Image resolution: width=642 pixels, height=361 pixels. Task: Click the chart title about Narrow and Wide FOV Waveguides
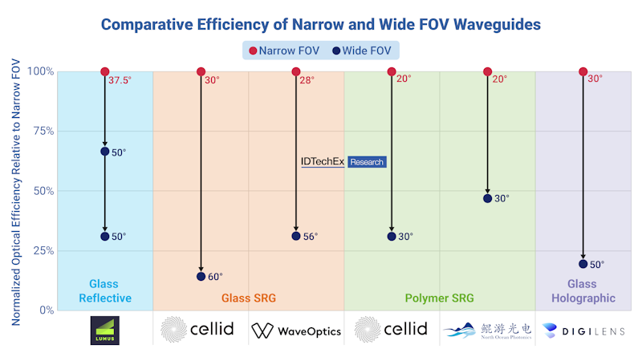[x=321, y=24]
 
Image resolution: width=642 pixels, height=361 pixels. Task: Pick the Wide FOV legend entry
[x=362, y=51]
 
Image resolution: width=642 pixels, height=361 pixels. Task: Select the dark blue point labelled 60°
[x=201, y=277]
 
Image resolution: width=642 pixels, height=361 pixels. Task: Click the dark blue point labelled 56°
[x=296, y=236]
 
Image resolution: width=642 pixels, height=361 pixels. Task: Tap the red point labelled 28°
[x=296, y=72]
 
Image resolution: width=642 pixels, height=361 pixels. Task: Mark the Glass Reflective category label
[x=104, y=291]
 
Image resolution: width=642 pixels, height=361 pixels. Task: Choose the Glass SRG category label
[x=249, y=298]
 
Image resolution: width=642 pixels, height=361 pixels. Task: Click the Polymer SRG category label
[x=439, y=298]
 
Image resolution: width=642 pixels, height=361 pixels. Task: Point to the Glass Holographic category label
[x=583, y=291]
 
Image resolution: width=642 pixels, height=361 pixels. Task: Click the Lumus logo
[x=104, y=330]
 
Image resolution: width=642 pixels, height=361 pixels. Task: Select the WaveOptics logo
[x=296, y=331]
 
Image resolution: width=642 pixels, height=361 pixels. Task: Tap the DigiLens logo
[x=583, y=330]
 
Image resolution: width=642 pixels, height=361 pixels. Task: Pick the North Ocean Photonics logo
[x=487, y=330]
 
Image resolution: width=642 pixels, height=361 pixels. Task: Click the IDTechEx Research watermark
[x=343, y=162]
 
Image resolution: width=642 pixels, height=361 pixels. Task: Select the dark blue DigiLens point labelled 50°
[x=583, y=264]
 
